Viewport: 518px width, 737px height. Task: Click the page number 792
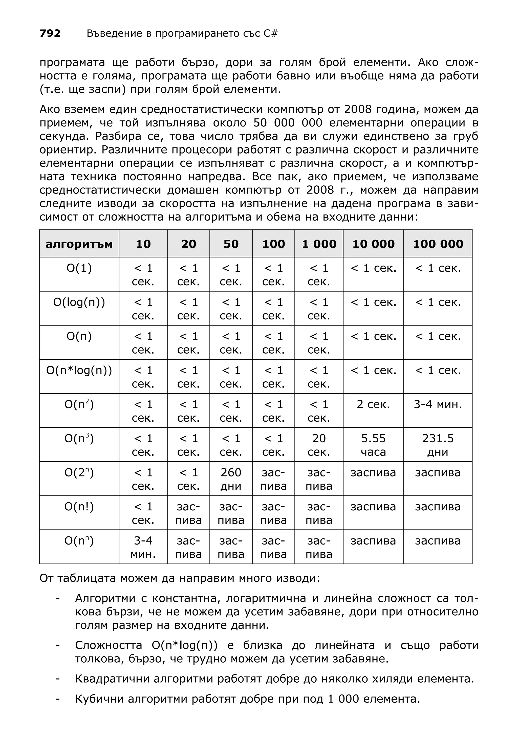[x=50, y=33]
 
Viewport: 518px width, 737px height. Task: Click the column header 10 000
[x=373, y=244]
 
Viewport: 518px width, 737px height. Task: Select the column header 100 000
[x=438, y=244]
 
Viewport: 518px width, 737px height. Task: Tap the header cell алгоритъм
[x=79, y=244]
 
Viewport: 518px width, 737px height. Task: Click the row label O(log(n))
[x=79, y=302]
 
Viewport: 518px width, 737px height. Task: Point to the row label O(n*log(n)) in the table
[x=79, y=371]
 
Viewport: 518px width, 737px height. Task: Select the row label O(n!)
[x=79, y=507]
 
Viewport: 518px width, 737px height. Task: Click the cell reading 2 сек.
[x=373, y=404]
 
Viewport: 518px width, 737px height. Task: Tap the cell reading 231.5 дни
[x=438, y=445]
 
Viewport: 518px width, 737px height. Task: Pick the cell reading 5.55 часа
[x=373, y=445]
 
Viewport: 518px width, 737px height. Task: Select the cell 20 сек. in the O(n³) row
[x=319, y=445]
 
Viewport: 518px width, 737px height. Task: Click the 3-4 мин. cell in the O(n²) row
[x=438, y=404]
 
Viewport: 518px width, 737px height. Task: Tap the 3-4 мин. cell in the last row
[x=143, y=547]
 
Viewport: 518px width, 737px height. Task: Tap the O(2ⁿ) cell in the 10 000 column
[x=373, y=473]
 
